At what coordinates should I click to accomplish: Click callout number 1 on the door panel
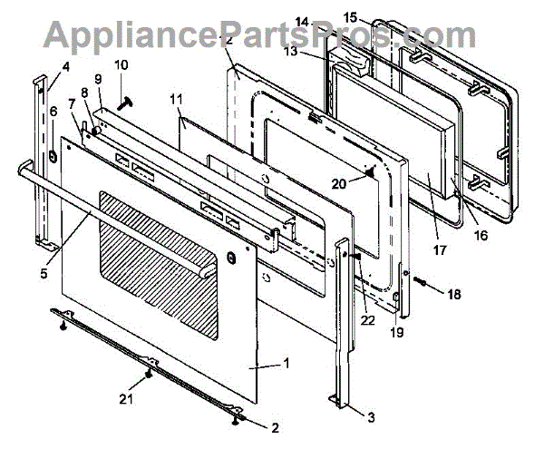pos(287,364)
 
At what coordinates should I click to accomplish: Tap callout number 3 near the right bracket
pos(372,416)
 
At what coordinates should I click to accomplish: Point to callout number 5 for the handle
pos(44,268)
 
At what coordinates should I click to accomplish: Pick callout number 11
pos(176,97)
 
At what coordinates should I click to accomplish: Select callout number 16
pos(481,235)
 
